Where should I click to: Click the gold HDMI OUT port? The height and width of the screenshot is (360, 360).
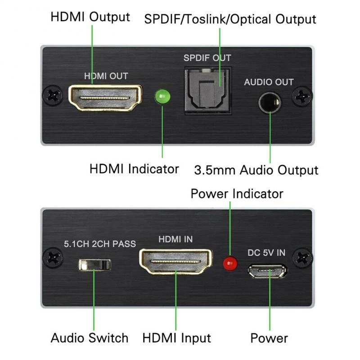tap(105, 97)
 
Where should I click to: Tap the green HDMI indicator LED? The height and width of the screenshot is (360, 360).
tap(162, 96)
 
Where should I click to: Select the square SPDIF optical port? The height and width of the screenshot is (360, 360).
tap(207, 90)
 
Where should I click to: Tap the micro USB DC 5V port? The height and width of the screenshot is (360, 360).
tap(268, 271)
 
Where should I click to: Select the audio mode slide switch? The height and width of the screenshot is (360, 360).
tap(94, 264)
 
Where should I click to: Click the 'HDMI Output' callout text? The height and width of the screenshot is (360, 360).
tap(90, 17)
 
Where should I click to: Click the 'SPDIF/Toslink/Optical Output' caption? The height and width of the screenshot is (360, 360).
tap(230, 19)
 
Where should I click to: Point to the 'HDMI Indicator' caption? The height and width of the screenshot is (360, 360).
tap(134, 169)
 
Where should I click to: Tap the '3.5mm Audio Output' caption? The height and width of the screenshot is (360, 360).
tap(256, 171)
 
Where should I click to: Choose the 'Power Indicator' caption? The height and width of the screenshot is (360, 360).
tap(237, 194)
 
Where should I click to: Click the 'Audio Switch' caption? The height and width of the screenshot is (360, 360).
tap(90, 338)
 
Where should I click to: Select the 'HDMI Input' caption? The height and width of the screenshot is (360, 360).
tap(177, 338)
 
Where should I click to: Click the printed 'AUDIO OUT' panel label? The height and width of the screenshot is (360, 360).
tap(269, 82)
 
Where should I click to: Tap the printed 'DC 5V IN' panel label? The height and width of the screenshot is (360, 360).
tap(266, 252)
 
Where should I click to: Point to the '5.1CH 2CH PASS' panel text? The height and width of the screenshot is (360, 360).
tap(99, 244)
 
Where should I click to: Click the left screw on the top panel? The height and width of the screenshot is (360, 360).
tap(53, 96)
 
